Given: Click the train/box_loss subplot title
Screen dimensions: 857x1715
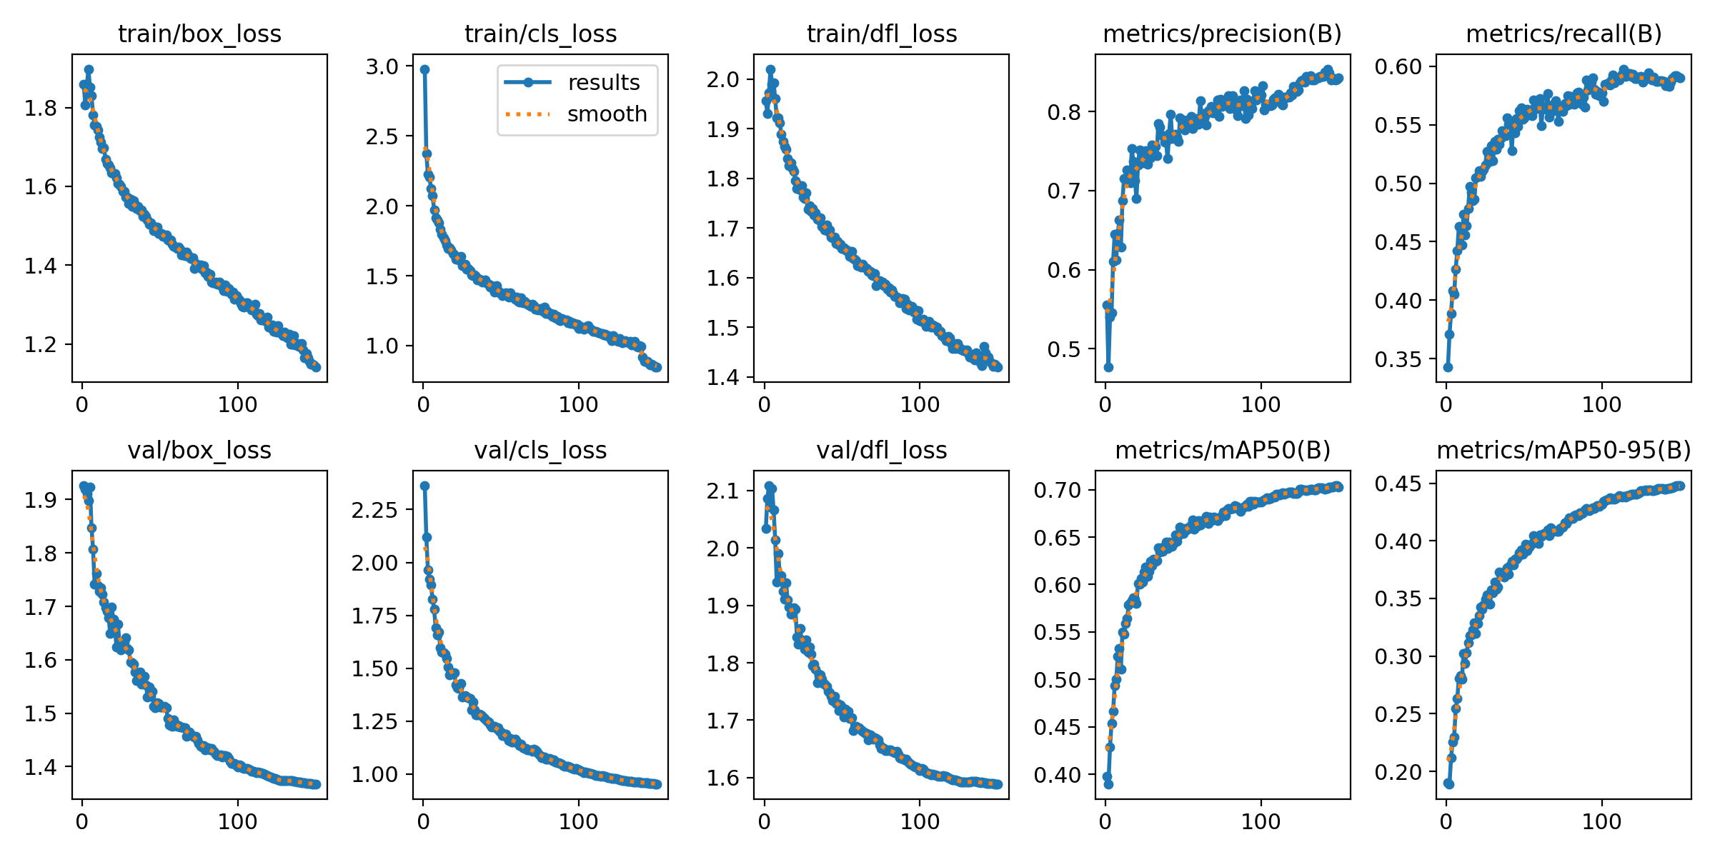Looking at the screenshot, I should (199, 34).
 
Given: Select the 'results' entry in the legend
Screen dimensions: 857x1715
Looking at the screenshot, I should (603, 83).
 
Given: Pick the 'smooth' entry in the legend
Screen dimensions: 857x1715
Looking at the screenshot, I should (607, 114).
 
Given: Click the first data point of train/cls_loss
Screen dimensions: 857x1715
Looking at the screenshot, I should (424, 70).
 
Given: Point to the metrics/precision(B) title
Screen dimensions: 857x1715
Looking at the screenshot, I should (1222, 34).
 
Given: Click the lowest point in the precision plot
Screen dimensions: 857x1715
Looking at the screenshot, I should (1108, 367).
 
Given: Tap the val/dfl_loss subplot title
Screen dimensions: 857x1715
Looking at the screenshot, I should (881, 451).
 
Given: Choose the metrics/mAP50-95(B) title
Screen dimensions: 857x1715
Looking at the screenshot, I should (1564, 451).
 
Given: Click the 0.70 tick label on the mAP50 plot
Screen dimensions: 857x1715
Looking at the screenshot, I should (1057, 491).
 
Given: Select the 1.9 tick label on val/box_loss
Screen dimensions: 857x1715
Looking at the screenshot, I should (41, 501).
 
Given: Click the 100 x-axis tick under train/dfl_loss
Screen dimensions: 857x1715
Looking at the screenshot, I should (920, 405).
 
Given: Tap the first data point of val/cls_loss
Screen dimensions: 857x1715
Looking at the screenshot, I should (424, 486).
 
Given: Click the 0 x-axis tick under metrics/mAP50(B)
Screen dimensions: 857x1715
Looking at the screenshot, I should (1105, 822).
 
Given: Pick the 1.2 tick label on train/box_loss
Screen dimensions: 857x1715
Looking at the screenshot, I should (41, 345).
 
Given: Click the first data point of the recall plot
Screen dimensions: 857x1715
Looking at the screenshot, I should (1448, 367).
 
